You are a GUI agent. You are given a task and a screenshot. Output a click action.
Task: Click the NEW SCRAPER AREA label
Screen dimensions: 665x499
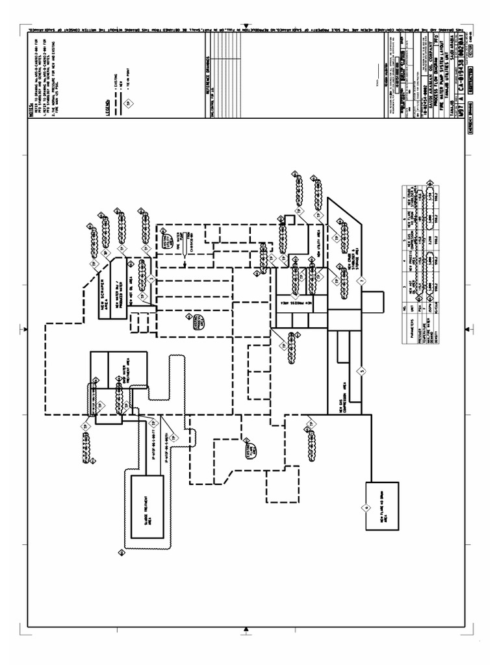107,283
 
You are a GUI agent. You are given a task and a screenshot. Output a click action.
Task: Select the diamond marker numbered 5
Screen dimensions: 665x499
361,371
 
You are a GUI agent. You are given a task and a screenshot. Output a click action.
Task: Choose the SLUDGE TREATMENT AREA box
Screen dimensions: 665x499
147,507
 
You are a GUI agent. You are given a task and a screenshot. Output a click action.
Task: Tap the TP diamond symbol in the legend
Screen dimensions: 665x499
128,103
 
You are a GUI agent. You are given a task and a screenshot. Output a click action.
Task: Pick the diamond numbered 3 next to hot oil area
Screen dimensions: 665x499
151,279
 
